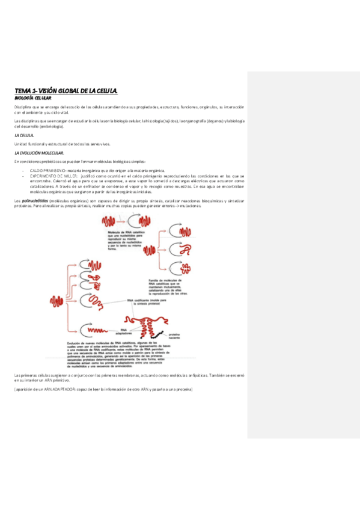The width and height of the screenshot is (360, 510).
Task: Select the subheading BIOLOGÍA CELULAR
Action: [33, 97]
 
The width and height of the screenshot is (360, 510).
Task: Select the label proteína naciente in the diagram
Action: [175, 336]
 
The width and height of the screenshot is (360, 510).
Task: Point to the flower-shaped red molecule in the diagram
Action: [180, 268]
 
